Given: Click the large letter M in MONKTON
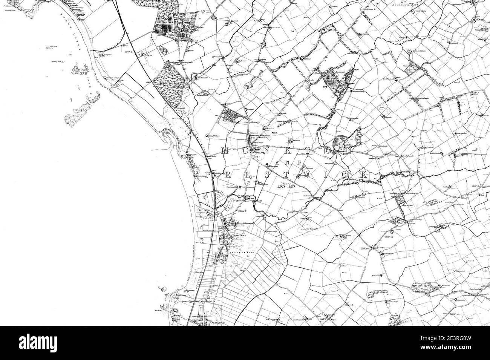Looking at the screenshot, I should pyautogui.click(x=225, y=151).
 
